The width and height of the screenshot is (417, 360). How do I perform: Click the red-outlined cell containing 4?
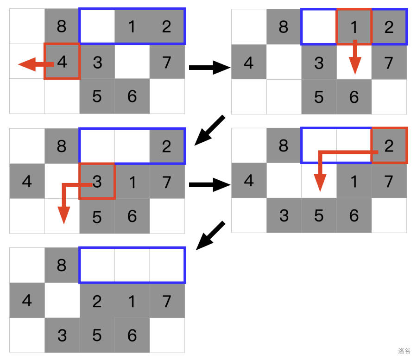(x=62, y=61)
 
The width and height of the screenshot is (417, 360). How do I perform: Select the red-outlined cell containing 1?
(x=354, y=26)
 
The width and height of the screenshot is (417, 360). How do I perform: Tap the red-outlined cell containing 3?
(x=97, y=181)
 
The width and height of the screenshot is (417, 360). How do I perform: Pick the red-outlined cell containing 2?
(x=389, y=145)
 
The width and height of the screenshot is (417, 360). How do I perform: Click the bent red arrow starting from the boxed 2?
(x=334, y=158)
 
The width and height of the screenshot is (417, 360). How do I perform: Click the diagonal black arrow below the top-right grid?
(x=209, y=130)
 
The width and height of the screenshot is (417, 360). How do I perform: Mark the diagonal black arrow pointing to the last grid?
(x=210, y=235)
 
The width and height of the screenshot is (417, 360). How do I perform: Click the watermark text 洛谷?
(x=404, y=351)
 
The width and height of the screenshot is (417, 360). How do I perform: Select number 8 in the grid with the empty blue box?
(x=62, y=265)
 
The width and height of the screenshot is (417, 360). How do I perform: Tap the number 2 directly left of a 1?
(x=97, y=301)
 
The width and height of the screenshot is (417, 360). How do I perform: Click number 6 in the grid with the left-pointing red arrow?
(x=132, y=96)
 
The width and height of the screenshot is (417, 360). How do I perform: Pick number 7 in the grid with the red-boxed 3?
(x=167, y=181)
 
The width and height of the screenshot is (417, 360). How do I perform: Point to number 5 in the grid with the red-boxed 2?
(x=319, y=215)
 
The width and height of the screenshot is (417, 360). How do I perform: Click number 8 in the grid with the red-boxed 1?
(x=284, y=27)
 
